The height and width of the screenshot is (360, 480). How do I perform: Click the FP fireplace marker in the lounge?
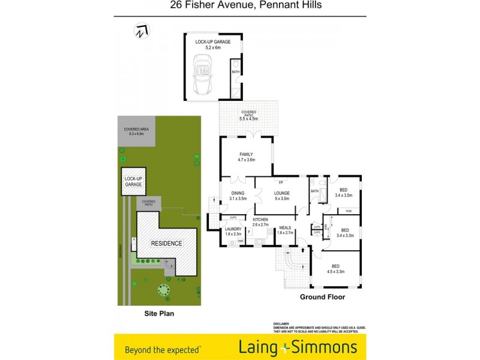tap(280, 182)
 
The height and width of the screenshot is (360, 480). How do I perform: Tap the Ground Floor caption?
tap(322, 297)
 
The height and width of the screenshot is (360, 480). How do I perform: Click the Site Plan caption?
tap(159, 313)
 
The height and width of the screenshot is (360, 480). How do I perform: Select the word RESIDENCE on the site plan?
tap(166, 244)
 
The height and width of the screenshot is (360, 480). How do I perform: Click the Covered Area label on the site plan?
tap(136, 131)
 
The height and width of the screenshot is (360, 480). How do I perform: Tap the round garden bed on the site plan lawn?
tap(163, 291)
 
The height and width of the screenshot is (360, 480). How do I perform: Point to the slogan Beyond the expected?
tap(163, 349)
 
